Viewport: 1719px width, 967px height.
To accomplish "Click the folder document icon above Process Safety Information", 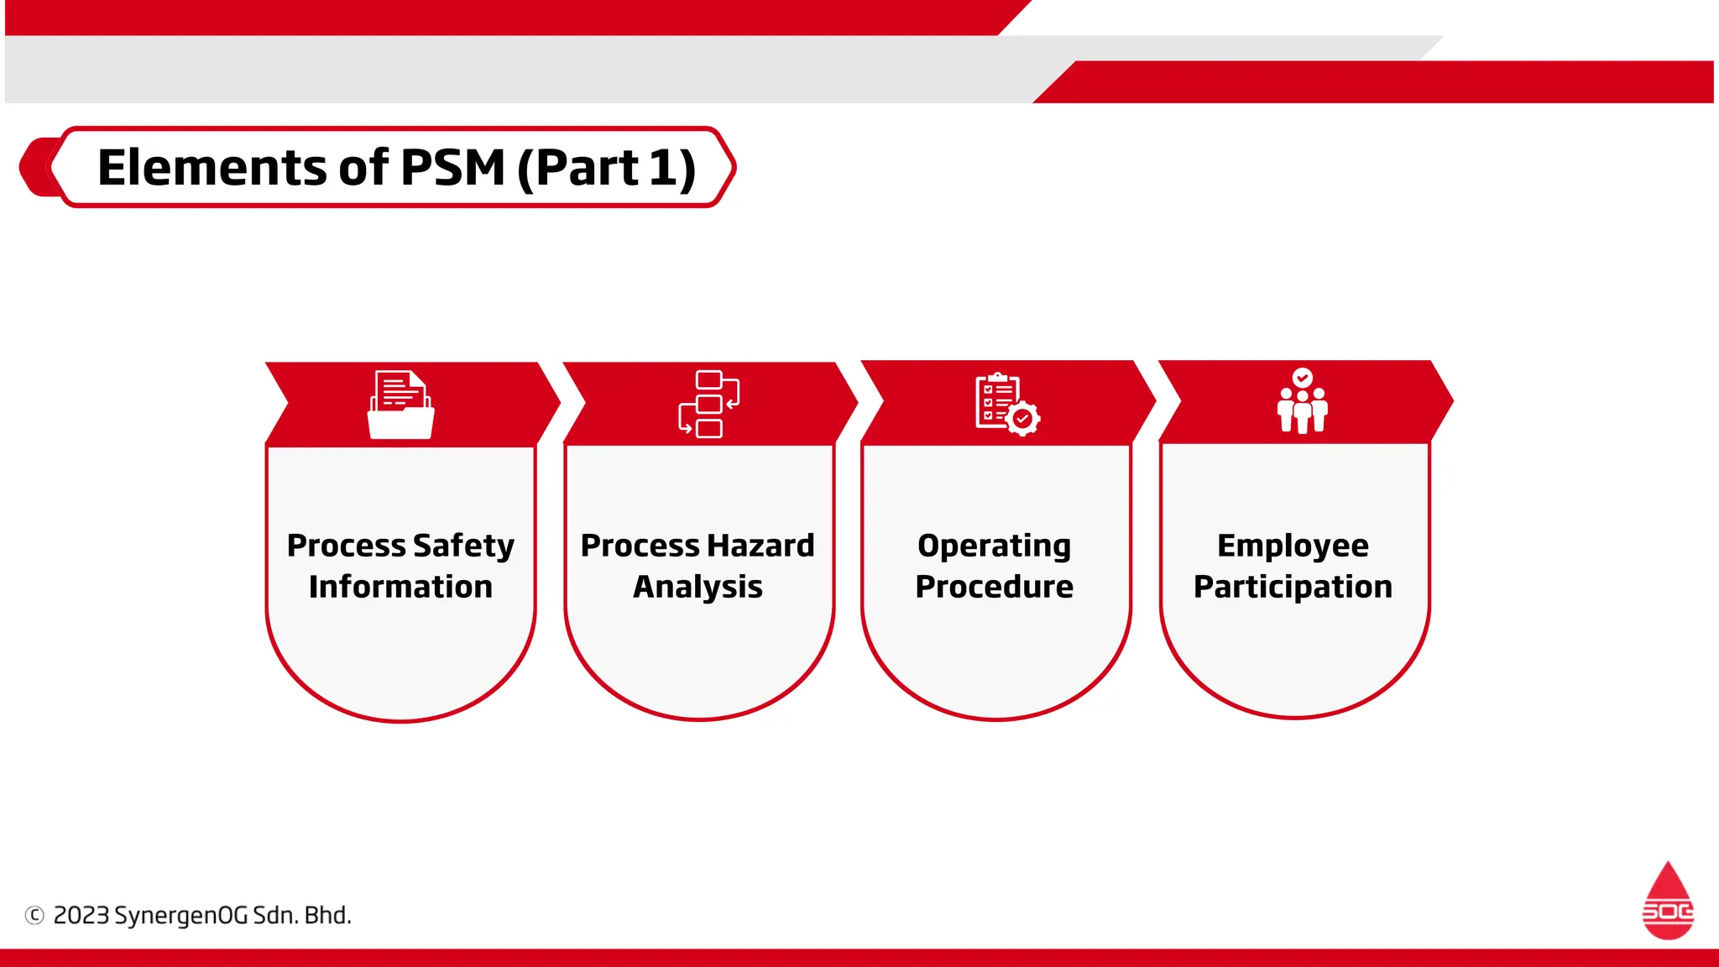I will tap(401, 405).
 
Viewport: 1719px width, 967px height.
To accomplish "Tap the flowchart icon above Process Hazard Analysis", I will tap(708, 404).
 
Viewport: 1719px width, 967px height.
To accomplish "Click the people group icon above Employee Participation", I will tap(1302, 401).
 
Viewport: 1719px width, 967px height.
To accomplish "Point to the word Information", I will tap(400, 587).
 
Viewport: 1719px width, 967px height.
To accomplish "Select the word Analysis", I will tap(698, 587).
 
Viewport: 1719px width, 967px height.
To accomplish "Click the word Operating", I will tap(994, 546).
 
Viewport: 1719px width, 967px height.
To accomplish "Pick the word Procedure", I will tap(994, 587).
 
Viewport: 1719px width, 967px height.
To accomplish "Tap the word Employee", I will tap(1293, 546).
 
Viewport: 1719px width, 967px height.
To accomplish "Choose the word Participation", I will tap(1293, 587).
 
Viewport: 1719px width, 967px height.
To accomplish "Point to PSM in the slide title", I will tap(452, 167).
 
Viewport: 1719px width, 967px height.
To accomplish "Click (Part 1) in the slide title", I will tap(606, 168).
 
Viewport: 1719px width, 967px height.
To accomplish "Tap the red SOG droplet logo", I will tap(1667, 902).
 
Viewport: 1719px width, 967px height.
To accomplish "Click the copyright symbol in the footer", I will tap(34, 915).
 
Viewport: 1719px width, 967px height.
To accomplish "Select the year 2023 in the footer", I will tap(81, 915).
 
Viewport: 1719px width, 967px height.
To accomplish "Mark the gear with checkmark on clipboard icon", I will tap(1023, 418).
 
